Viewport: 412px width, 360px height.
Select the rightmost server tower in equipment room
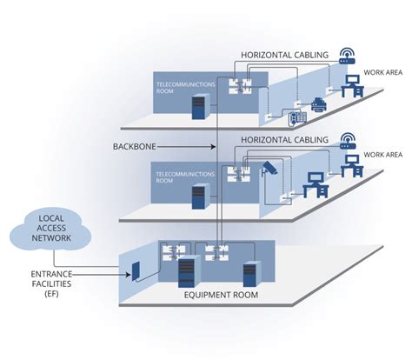tap(251, 275)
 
